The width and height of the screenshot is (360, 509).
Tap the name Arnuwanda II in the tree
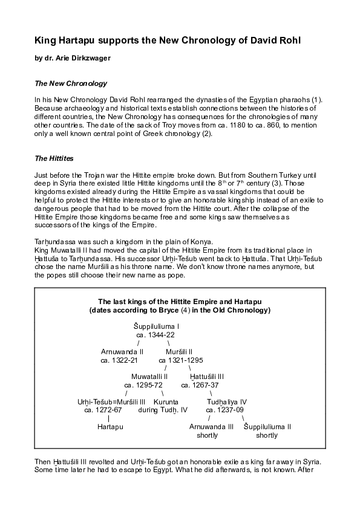point(122,351)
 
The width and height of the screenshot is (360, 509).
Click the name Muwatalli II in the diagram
point(149,376)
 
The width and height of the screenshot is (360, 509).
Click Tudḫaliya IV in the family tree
point(227,401)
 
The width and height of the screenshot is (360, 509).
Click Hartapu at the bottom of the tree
point(110,426)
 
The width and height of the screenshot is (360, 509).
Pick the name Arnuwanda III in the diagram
point(211,426)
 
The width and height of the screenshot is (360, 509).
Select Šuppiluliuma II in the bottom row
point(267,426)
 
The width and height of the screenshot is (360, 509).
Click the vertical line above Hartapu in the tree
point(108,418)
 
